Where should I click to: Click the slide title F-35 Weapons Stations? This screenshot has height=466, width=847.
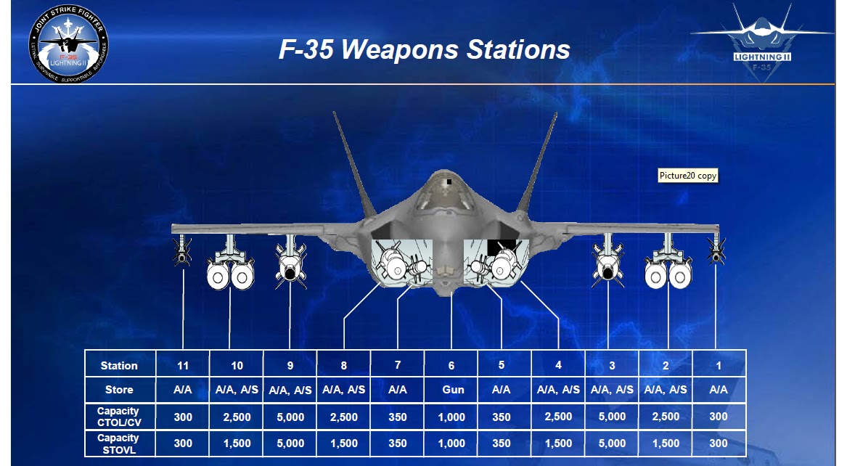point(424,49)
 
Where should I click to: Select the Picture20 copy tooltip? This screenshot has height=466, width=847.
point(688,176)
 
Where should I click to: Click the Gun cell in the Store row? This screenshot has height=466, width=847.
point(451,390)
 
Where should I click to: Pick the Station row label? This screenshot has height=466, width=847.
point(119,365)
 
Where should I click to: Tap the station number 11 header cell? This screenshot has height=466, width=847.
point(183,365)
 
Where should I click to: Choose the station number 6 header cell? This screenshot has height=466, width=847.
point(451,365)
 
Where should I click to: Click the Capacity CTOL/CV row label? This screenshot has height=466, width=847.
point(118,417)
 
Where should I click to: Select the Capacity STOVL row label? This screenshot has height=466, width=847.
point(118,443)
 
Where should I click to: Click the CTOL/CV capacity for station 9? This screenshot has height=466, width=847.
point(290,417)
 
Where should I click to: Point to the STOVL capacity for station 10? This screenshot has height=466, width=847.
point(237,443)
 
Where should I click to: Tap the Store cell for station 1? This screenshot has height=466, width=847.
point(719,390)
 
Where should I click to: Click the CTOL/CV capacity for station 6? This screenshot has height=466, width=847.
point(451,417)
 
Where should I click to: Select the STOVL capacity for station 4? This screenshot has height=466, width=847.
point(558,443)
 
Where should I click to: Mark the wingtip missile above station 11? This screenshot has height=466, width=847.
point(181,251)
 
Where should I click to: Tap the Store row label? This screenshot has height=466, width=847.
point(119,390)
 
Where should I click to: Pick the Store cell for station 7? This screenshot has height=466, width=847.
point(398,390)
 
